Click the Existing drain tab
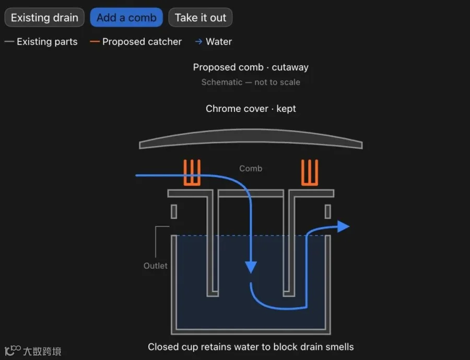(x=44, y=17)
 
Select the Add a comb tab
(x=126, y=17)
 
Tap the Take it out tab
(x=200, y=17)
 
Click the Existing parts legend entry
(x=41, y=41)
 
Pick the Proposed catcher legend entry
(x=136, y=41)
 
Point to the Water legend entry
(x=214, y=41)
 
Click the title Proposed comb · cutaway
(x=251, y=67)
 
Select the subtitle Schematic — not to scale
(x=251, y=82)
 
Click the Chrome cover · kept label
(x=251, y=108)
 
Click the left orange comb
(x=192, y=172)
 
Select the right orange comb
(x=310, y=172)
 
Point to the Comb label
(x=251, y=168)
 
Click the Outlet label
(x=155, y=265)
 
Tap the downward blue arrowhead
(x=251, y=267)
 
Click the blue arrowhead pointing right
(x=343, y=226)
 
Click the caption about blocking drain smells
(x=251, y=347)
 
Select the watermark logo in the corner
(x=33, y=351)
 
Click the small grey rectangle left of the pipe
(x=174, y=212)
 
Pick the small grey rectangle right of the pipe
(x=328, y=212)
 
